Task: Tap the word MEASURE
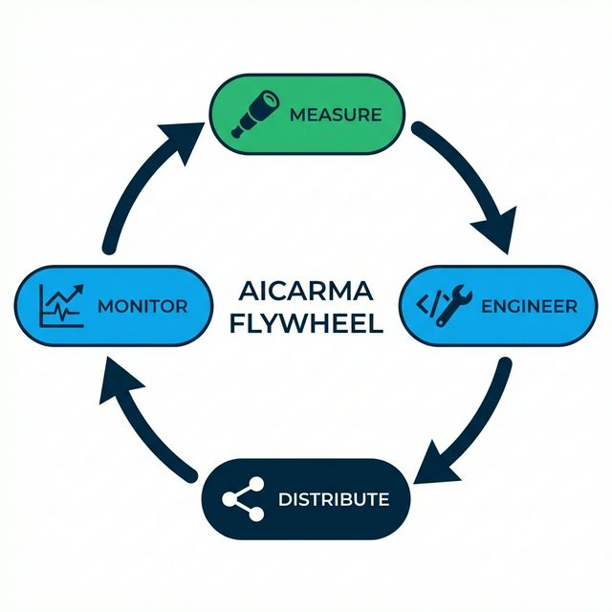click(x=335, y=115)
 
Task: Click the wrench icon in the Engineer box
click(x=452, y=306)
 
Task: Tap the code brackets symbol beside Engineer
click(x=427, y=306)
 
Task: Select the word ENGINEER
click(x=529, y=307)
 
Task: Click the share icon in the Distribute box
click(x=243, y=499)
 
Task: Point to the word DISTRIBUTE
click(x=333, y=499)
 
